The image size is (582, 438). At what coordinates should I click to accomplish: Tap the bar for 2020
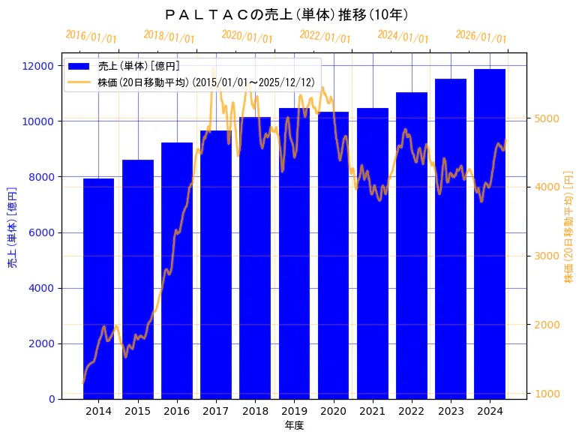click(x=333, y=255)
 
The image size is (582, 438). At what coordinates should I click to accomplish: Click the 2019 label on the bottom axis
click(x=294, y=411)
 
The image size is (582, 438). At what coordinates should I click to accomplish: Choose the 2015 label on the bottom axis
click(x=138, y=411)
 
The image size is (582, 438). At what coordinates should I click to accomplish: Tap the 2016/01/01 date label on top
click(x=91, y=36)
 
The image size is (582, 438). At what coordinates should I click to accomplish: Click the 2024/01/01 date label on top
click(x=403, y=36)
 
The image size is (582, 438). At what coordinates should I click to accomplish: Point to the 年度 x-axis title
click(x=294, y=425)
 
